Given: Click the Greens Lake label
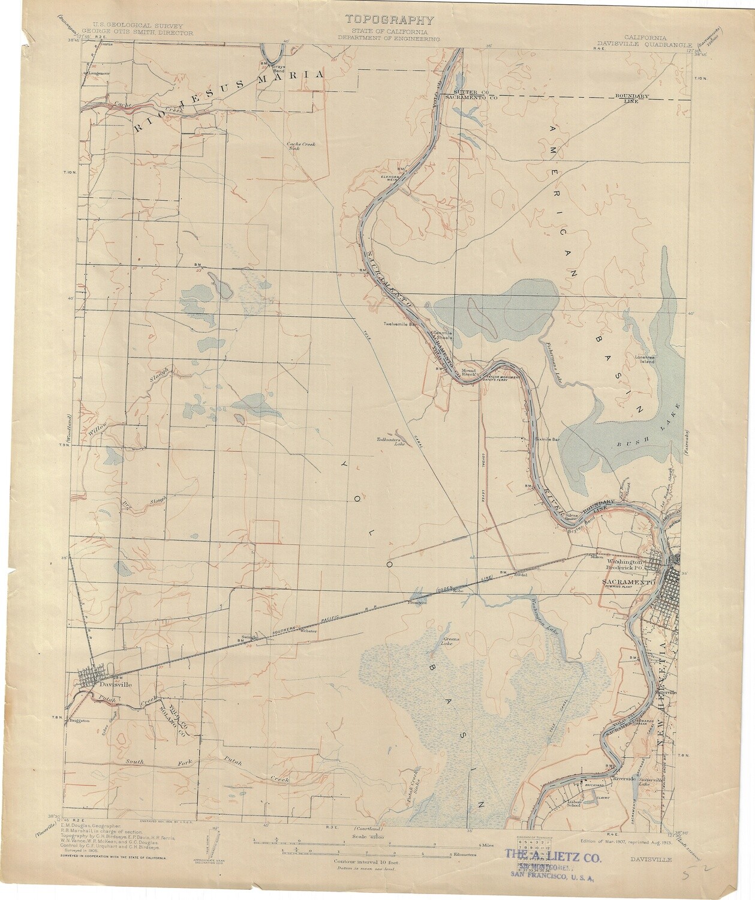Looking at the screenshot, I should [x=450, y=642].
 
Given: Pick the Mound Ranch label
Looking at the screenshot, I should [x=468, y=372].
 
